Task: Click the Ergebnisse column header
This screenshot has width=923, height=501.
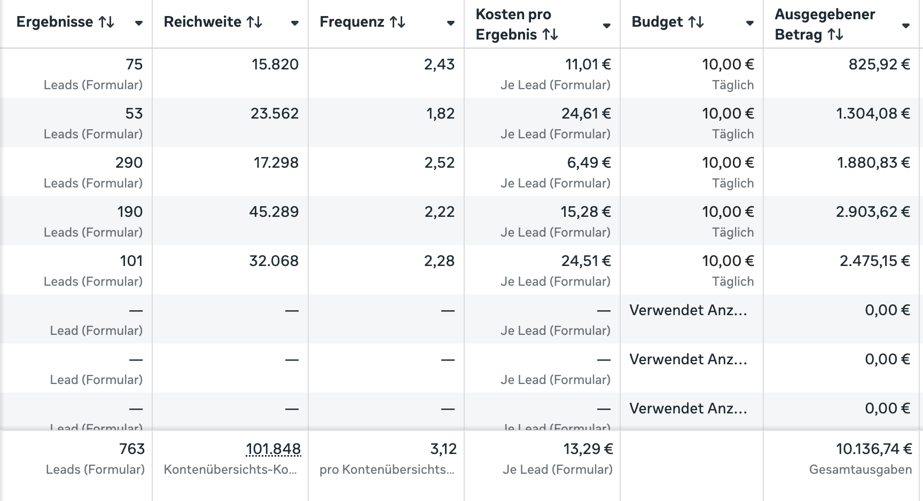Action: [x=54, y=22]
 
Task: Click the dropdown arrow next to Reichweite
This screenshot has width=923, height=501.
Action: [x=294, y=23]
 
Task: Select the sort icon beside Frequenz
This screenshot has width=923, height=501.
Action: [x=397, y=22]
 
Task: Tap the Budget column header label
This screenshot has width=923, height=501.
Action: [x=657, y=22]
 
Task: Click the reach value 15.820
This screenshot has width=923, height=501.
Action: [x=275, y=65]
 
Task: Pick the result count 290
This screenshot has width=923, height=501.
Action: [x=129, y=163]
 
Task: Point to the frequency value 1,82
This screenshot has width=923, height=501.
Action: [x=440, y=114]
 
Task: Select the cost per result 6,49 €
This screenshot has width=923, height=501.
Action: [x=589, y=163]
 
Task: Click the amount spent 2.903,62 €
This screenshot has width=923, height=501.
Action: [x=873, y=212]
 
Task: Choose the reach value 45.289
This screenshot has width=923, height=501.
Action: [x=273, y=212]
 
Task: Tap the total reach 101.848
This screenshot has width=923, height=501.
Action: [x=273, y=449]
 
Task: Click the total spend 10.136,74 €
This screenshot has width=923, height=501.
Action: [x=874, y=449]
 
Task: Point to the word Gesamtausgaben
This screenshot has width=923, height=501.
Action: [x=860, y=469]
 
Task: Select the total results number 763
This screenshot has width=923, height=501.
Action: [x=132, y=449]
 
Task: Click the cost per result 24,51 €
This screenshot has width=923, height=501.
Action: [x=586, y=261]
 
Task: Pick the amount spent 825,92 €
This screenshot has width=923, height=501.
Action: [x=879, y=65]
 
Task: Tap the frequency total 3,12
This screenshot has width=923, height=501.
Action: [x=443, y=449]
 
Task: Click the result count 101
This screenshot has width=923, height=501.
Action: [x=131, y=261]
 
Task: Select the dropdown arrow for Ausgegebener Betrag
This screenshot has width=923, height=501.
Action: [x=905, y=26]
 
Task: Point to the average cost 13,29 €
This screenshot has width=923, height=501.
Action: [x=588, y=449]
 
